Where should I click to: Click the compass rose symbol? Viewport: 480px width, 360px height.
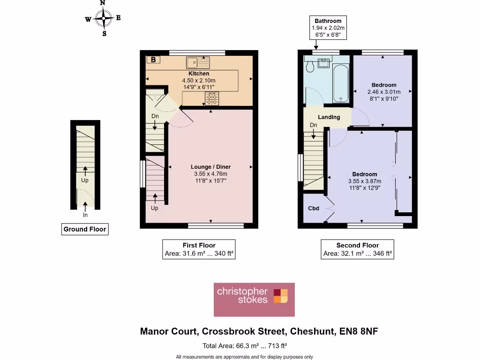tap(103, 18)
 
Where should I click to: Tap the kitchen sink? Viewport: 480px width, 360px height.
tap(197, 62)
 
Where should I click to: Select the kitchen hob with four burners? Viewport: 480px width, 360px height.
tap(212, 98)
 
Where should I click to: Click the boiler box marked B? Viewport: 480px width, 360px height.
tap(153, 60)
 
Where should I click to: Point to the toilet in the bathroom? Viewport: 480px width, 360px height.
tap(309, 67)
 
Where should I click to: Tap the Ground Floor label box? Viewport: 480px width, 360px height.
tap(85, 229)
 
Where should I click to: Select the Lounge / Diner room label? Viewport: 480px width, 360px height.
tap(210, 167)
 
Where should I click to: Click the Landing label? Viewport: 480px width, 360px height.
tap(329, 117)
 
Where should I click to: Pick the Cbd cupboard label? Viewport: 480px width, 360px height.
tap(314, 208)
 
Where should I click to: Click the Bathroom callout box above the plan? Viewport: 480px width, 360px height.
tap(328, 28)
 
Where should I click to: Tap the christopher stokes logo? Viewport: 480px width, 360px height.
tap(254, 300)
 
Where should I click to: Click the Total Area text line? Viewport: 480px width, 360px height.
tap(244, 346)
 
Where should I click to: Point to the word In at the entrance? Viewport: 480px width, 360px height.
tap(85, 215)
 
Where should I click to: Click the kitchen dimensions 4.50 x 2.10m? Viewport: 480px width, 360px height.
tap(199, 81)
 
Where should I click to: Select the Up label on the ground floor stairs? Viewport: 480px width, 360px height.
tap(85, 180)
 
